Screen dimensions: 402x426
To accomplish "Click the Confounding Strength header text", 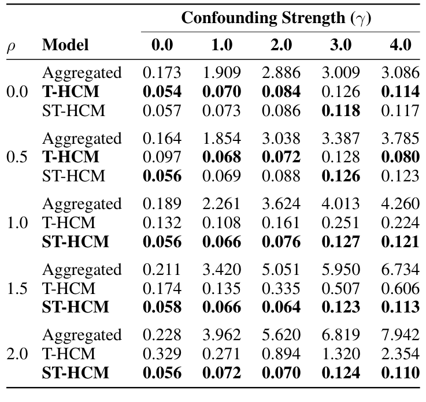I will pyautogui.click(x=276, y=17).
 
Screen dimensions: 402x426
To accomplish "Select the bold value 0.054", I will pyautogui.click(x=162, y=92).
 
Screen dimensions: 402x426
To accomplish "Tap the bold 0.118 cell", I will pyautogui.click(x=340, y=110).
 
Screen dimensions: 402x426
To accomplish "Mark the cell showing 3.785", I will pyautogui.click(x=400, y=139).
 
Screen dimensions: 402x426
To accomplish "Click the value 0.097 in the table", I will pyautogui.click(x=162, y=157).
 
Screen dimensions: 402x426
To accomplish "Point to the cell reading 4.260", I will pyautogui.click(x=400, y=204).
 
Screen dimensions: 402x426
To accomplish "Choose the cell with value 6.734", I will pyautogui.click(x=400, y=270).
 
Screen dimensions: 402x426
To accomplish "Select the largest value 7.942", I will pyautogui.click(x=400, y=335).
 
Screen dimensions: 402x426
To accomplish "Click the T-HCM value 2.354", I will pyautogui.click(x=400, y=354).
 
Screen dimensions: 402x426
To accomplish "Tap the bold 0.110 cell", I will pyautogui.click(x=400, y=373).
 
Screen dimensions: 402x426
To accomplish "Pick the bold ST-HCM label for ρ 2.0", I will pyautogui.click(x=75, y=373).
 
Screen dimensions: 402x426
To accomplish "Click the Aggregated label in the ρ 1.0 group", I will pyautogui.click(x=82, y=204).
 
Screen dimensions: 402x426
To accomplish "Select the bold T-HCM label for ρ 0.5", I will pyautogui.click(x=70, y=157).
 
